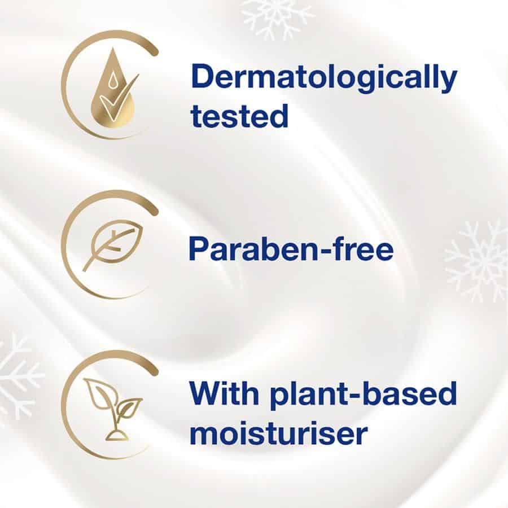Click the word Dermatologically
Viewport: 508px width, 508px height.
(x=323, y=78)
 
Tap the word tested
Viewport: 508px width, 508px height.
(x=239, y=116)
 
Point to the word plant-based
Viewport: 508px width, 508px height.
(x=364, y=395)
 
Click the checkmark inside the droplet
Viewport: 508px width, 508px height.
(x=118, y=97)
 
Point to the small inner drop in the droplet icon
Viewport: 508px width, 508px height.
(x=112, y=80)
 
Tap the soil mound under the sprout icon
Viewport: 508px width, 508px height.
(x=117, y=435)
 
